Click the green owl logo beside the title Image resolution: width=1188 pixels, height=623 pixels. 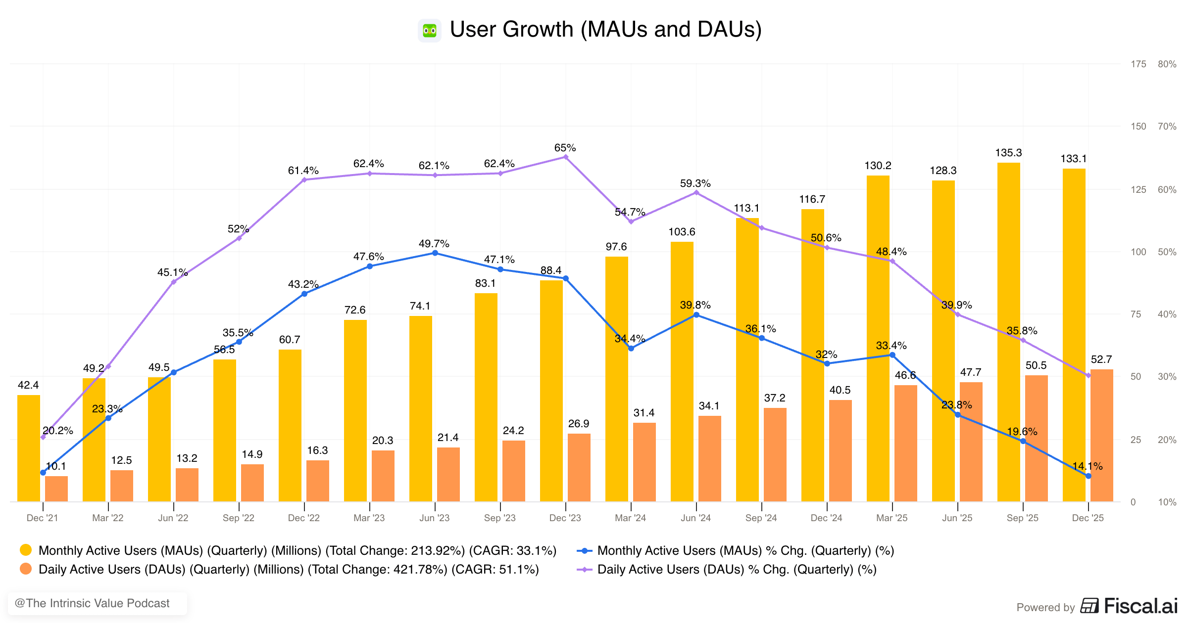point(429,31)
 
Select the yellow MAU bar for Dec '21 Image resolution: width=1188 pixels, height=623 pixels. point(29,447)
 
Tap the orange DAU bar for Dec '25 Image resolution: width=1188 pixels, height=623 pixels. point(1101,435)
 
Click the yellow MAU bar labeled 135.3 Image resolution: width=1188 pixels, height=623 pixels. point(1008,331)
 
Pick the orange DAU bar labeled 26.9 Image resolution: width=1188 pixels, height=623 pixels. point(579,467)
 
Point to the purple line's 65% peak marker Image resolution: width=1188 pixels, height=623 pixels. point(565,157)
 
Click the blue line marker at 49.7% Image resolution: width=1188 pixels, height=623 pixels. point(435,253)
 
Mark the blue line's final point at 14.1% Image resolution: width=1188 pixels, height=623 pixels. point(1088,476)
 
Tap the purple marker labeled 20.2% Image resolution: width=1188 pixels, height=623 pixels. point(43,437)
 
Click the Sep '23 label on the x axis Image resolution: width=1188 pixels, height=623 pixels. point(499,518)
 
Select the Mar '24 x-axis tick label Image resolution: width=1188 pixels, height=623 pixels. point(630,518)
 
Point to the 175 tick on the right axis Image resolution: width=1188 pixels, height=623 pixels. point(1138,64)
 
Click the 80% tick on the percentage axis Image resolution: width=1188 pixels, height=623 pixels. point(1167,64)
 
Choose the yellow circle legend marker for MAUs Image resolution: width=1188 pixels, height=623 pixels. point(26,550)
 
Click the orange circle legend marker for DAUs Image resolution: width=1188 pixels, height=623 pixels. point(26,569)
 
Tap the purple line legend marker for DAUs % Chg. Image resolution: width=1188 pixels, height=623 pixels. point(585,570)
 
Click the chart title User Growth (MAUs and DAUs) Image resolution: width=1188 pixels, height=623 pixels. point(605,30)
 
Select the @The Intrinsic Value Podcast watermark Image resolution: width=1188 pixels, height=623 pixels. point(93,603)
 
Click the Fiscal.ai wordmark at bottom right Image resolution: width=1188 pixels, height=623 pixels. point(1140,606)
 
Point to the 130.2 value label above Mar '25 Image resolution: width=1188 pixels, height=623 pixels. point(878,166)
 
